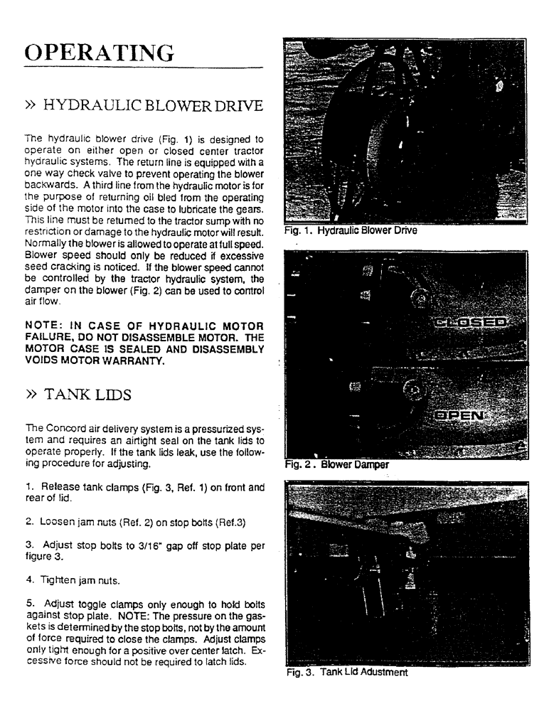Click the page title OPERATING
tap(99, 53)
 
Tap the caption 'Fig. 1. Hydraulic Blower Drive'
tap(350, 230)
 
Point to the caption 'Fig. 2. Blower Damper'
tap(336, 465)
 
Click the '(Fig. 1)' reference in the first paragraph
tap(159, 139)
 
